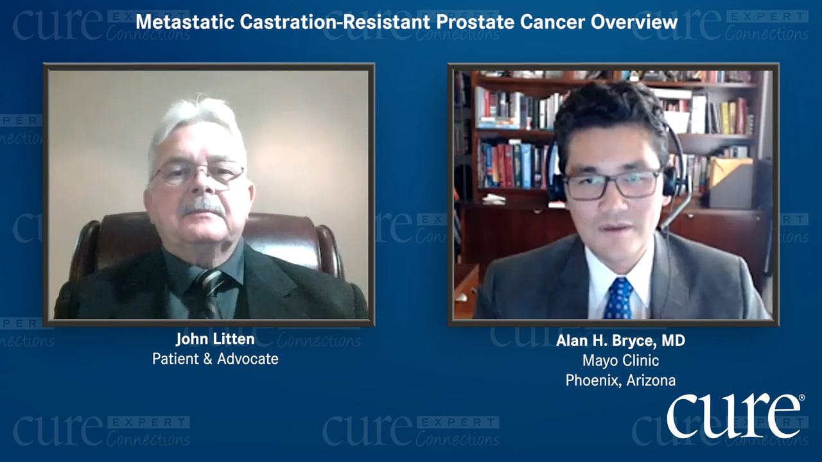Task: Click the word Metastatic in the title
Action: point(185,22)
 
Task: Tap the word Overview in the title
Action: point(634,22)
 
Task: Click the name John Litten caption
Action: point(215,339)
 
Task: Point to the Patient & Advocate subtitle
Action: point(215,359)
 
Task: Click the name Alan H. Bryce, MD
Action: point(620,341)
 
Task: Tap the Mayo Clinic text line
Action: point(620,361)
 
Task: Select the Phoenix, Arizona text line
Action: point(620,381)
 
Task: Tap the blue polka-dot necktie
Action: point(618,299)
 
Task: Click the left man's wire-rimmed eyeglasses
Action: point(198,175)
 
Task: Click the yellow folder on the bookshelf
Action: point(728,173)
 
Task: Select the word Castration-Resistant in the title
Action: point(335,22)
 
